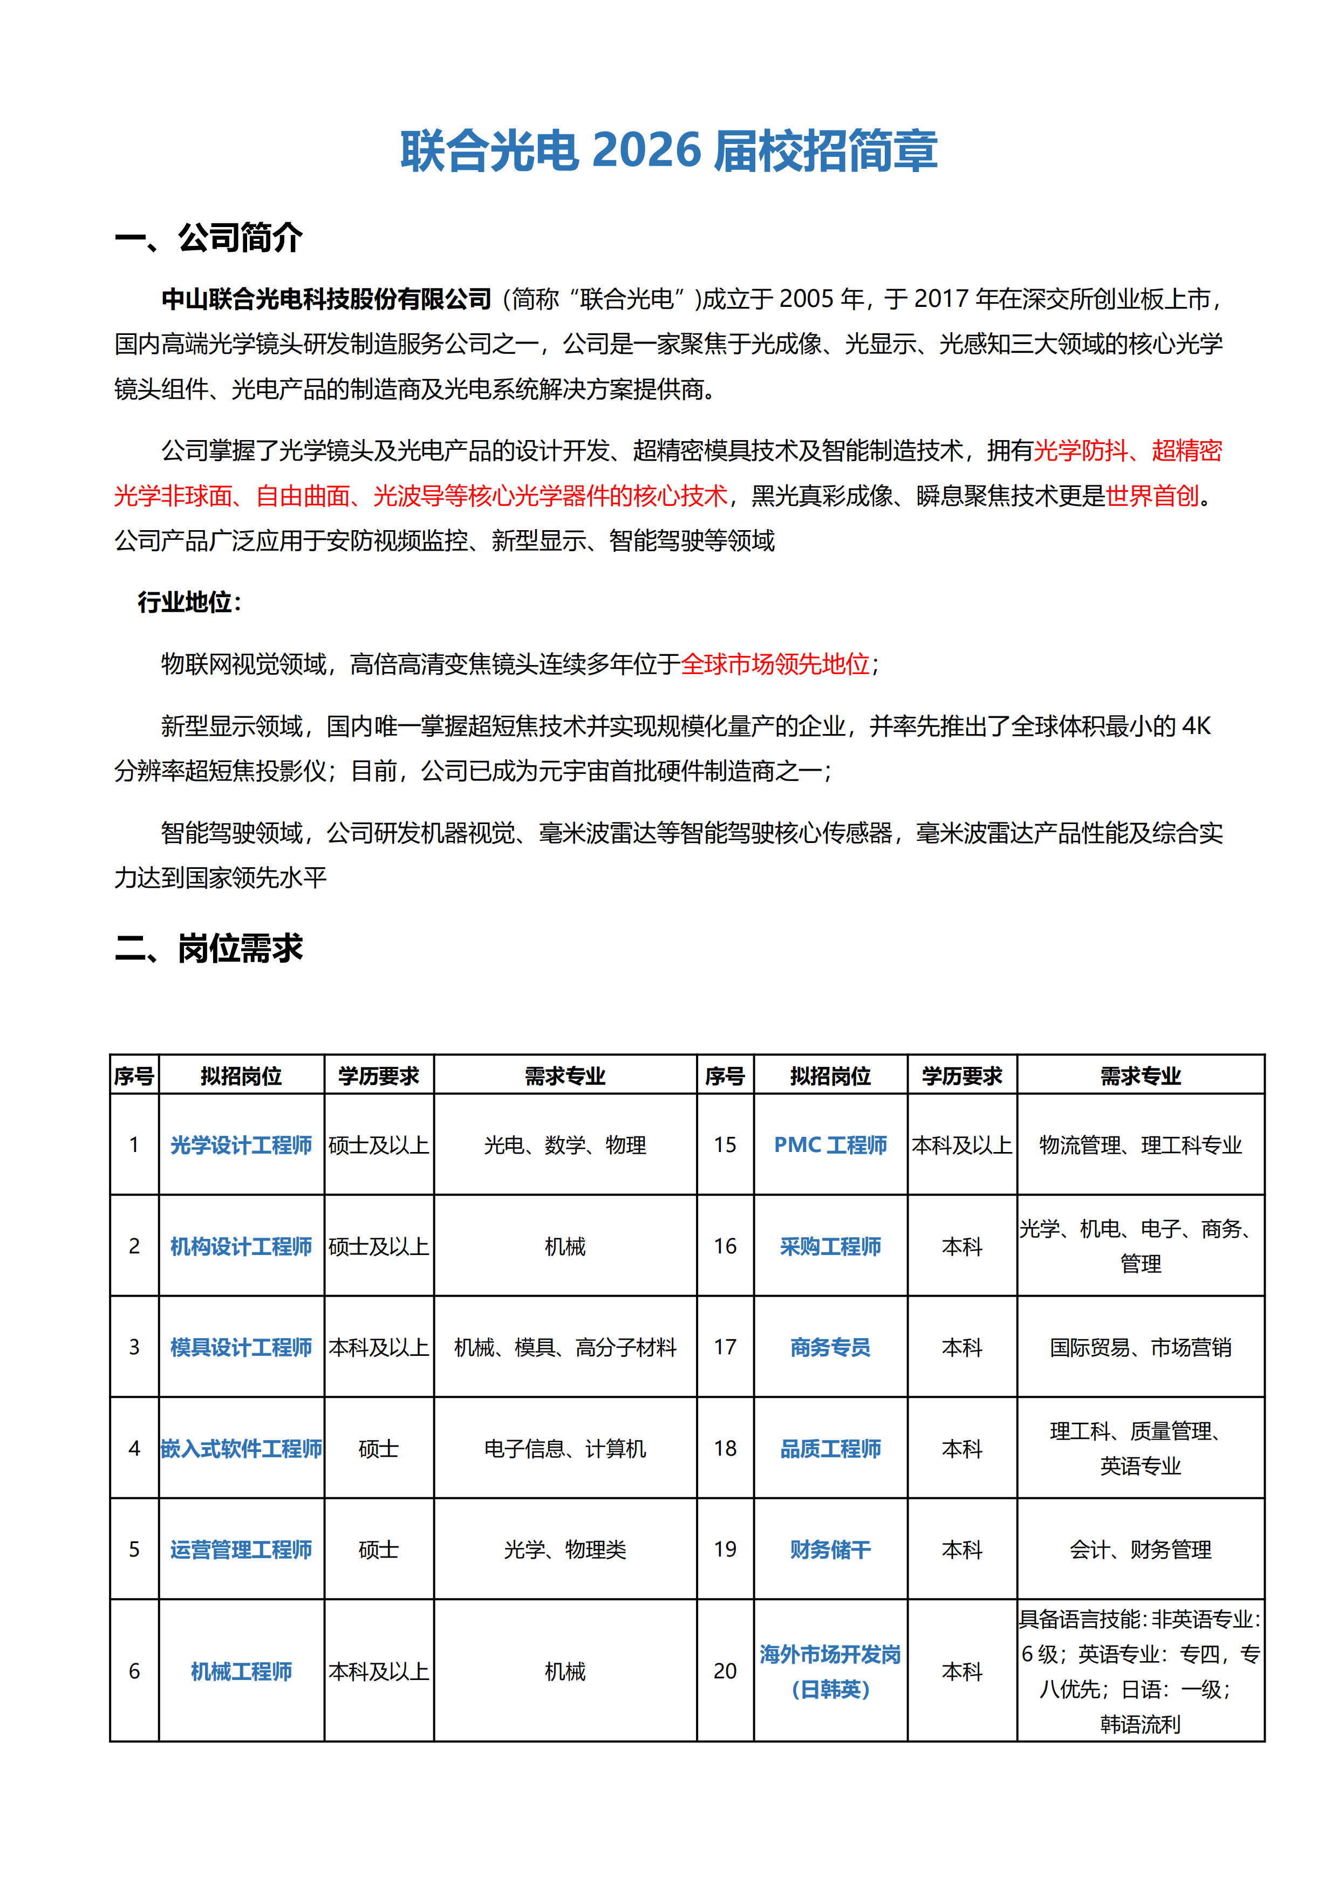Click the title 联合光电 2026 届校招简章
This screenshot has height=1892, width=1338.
668,151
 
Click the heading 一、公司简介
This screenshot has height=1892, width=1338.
209,238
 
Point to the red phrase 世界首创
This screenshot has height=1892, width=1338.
1152,496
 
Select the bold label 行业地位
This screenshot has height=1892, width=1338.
186,602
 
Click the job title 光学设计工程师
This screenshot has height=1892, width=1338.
241,1144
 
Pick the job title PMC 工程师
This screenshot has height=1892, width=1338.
830,1144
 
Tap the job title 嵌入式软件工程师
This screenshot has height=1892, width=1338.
241,1448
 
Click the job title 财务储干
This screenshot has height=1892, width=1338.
830,1549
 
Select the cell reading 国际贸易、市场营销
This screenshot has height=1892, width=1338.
1140,1347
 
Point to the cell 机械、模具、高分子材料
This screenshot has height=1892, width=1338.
565,1347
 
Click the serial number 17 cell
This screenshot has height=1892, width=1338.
725,1347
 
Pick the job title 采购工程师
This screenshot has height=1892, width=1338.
830,1246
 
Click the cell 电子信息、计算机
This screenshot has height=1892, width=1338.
565,1448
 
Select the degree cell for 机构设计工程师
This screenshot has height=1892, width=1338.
378,1246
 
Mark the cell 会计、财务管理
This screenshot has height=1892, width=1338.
1140,1549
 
